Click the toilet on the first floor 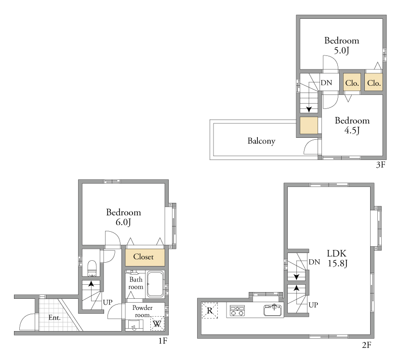(x=92, y=268)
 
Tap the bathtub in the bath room (x=155, y=284)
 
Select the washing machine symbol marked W (x=157, y=323)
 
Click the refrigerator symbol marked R (x=210, y=310)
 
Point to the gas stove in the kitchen (x=237, y=310)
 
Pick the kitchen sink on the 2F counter (x=273, y=310)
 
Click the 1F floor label (x=163, y=341)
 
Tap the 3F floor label (x=381, y=165)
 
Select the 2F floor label (x=366, y=345)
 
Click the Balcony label (x=262, y=141)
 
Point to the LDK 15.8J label (x=337, y=258)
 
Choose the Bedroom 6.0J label (x=123, y=217)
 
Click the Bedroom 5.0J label (x=342, y=45)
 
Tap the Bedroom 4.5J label (x=352, y=125)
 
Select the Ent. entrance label (x=54, y=318)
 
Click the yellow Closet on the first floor (x=145, y=257)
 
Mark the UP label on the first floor (x=107, y=302)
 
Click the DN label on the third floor (x=326, y=83)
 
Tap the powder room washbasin (x=134, y=325)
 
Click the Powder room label (x=142, y=311)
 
